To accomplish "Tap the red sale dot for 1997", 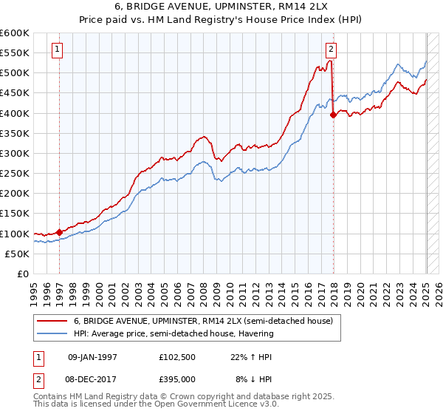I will tap(60, 232).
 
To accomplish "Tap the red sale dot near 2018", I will tap(334, 115).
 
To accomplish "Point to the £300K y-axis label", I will tap(15, 153).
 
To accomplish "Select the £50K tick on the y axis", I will tap(17, 254).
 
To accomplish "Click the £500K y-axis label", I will tap(15, 72).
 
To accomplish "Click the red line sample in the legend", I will tap(52, 322).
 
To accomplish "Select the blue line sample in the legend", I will tap(52, 333).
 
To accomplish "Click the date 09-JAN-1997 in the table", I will tap(92, 357).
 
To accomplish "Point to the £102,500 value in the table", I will tap(177, 357).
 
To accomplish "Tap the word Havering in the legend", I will tap(256, 333).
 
